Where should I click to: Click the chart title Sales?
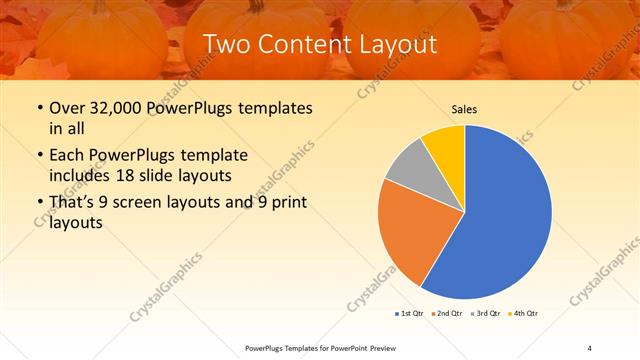click(464, 109)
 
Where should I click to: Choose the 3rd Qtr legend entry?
click(485, 314)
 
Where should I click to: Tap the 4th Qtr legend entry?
click(523, 314)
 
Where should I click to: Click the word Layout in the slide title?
click(398, 44)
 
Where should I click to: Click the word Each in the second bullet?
click(67, 155)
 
